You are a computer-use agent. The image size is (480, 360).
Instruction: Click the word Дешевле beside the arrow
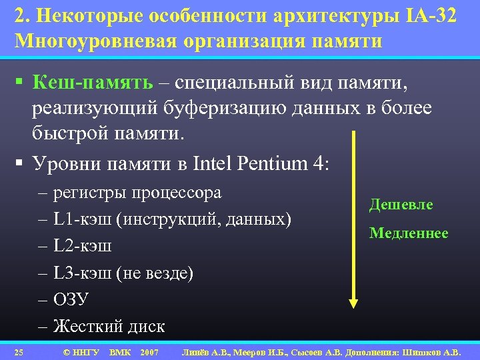coord(401,205)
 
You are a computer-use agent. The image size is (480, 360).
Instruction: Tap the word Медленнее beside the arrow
coord(409,233)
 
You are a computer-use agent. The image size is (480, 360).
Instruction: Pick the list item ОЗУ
coord(71,299)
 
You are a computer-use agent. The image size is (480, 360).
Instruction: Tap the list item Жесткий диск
coord(109,326)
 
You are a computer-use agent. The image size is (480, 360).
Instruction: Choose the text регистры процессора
coord(137,193)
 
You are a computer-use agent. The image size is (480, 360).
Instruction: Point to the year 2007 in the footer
coord(149,351)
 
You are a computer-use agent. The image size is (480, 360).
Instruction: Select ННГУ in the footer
coord(86,351)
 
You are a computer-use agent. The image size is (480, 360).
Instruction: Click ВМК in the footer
coord(120,351)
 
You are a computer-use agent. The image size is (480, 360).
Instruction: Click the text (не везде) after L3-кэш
coord(155,273)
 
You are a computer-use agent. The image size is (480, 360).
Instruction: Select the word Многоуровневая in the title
coord(93,41)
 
